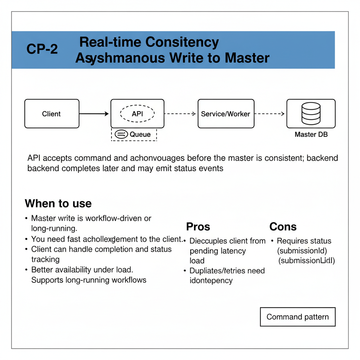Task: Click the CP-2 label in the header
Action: [42, 49]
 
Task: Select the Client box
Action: [52, 114]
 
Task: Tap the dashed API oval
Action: [137, 114]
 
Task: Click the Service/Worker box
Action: [225, 114]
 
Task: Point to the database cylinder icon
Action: [311, 113]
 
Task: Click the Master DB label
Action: [311, 134]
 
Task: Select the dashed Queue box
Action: [134, 134]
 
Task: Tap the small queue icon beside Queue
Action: [121, 134]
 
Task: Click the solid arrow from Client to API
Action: [94, 114]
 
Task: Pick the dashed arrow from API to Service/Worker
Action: [180, 114]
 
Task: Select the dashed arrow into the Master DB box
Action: [269, 114]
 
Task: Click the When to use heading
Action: [58, 204]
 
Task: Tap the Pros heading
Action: [198, 227]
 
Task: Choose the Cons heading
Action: [283, 227]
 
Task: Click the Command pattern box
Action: [297, 317]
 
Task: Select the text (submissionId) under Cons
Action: [302, 251]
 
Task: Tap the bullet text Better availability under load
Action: [82, 270]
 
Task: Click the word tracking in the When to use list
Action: [45, 259]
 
